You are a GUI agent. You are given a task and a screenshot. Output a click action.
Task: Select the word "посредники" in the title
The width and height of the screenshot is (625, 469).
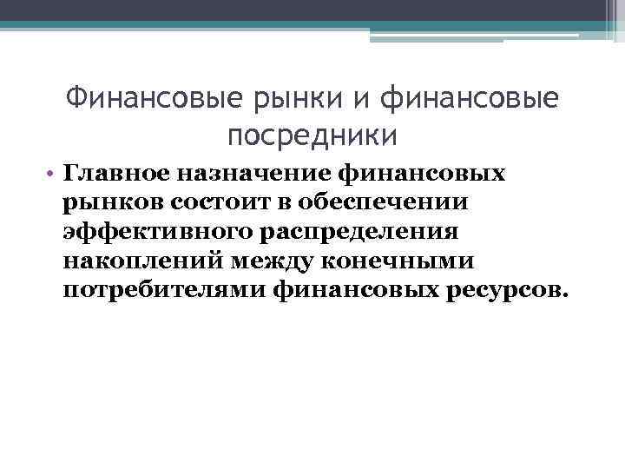coord(313,135)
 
